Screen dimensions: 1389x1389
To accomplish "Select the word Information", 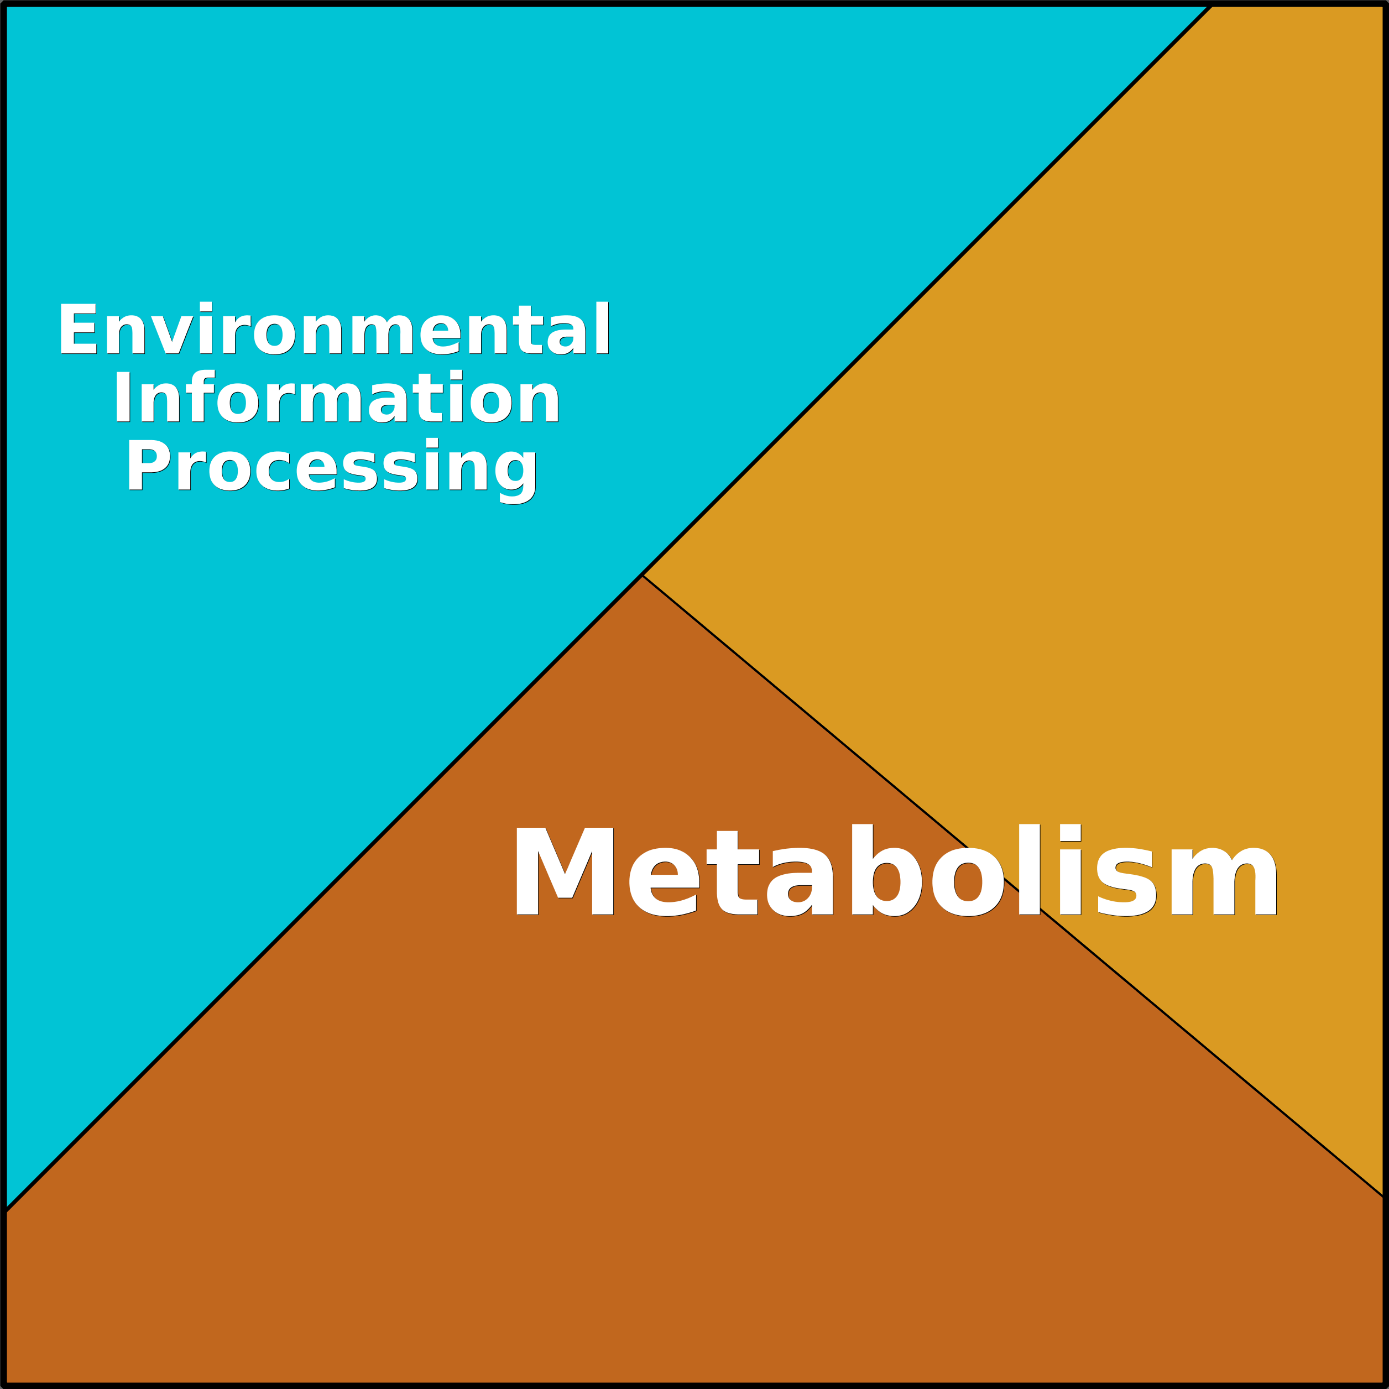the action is pos(336,396).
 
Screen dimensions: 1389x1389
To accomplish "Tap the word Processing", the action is pos(331,469).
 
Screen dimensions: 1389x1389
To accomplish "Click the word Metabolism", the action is pos(896,870).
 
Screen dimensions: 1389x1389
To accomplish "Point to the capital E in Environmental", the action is pos(77,328).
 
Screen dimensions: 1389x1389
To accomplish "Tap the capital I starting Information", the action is pos(121,396).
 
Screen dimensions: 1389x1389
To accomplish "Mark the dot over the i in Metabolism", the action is pos(1071,831).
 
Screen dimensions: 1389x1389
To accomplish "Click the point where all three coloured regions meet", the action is pos(643,575).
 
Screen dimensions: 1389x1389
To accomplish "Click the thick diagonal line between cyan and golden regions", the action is pos(927,290).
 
